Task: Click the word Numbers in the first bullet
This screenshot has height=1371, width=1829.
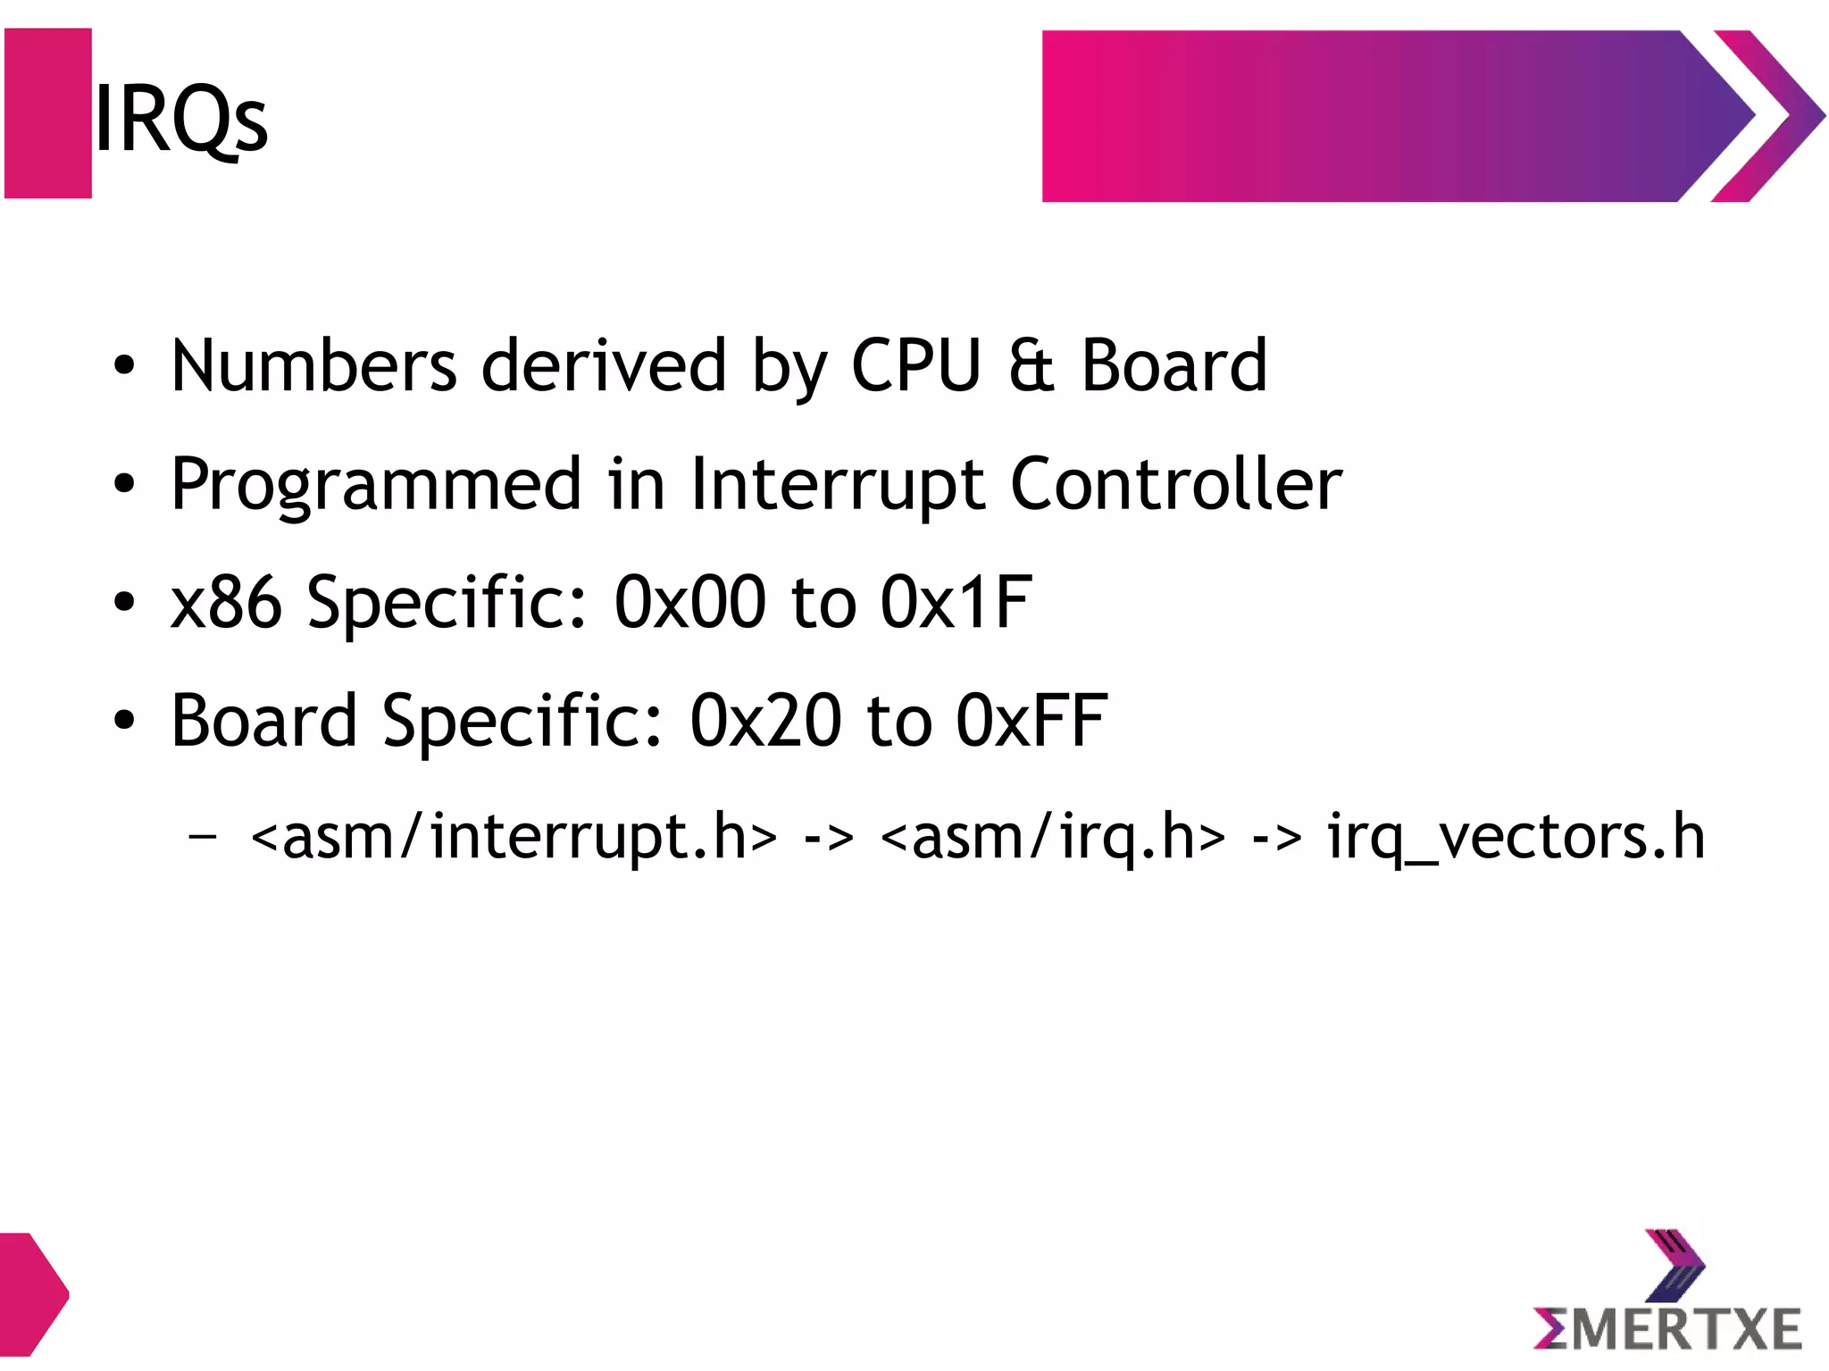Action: pos(313,366)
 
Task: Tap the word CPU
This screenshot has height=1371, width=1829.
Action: pos(916,366)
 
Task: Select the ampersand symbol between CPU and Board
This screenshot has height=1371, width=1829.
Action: pos(1031,366)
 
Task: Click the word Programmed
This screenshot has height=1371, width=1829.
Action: pos(376,485)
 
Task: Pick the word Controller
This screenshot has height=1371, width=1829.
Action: pos(1176,485)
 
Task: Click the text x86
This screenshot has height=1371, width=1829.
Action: pos(226,602)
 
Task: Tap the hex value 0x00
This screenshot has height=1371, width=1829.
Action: pos(689,602)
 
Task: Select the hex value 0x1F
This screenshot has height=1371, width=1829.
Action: pos(956,602)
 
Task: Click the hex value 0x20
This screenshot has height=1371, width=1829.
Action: pos(765,721)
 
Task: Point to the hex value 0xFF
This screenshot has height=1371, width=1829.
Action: pos(1031,721)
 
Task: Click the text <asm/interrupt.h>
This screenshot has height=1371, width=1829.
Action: pos(514,837)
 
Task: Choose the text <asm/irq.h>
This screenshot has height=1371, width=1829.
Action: pos(1053,837)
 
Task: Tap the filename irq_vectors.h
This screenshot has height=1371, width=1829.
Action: pos(1516,837)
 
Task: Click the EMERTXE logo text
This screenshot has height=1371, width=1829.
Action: pos(1668,1328)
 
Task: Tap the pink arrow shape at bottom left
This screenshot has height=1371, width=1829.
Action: pos(31,1293)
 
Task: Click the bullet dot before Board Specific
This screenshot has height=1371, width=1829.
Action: pos(124,721)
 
